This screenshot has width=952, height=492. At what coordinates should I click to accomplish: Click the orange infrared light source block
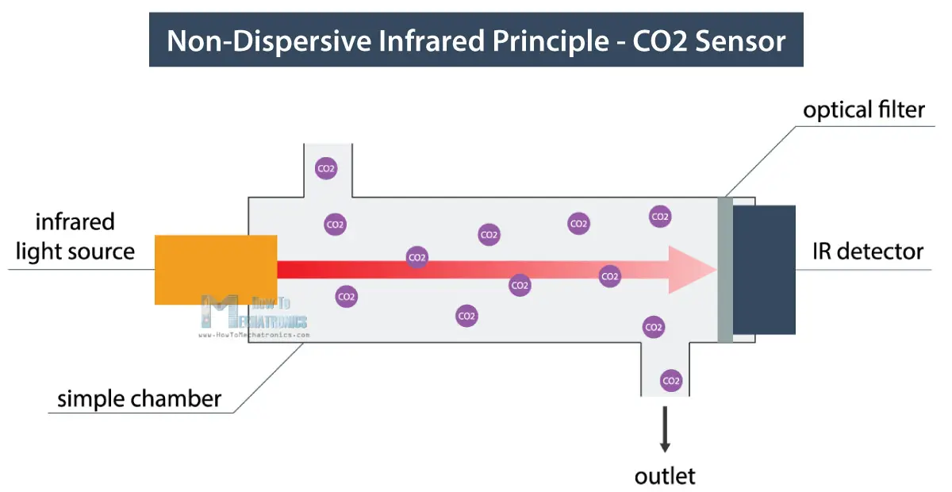(215, 269)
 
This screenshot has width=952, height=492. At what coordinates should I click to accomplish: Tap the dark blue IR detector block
(763, 269)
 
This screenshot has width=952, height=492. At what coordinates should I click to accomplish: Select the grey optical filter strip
(725, 269)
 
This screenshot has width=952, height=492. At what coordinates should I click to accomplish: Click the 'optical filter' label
(864, 110)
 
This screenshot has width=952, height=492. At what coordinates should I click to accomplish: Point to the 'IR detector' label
(868, 252)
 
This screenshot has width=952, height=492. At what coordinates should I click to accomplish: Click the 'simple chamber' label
(139, 398)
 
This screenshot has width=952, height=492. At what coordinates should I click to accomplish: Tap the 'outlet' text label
(665, 476)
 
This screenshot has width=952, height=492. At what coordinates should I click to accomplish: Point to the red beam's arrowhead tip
(714, 269)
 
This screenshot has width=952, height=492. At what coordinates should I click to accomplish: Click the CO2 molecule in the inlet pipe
(325, 167)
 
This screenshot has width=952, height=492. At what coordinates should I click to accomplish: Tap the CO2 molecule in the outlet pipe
(671, 381)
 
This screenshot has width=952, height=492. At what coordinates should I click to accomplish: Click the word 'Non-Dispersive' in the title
(253, 40)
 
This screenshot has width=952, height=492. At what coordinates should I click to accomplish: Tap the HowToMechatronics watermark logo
(254, 313)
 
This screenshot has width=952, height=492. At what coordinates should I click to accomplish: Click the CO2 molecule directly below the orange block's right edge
(347, 297)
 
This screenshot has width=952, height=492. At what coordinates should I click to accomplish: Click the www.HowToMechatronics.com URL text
(253, 335)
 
